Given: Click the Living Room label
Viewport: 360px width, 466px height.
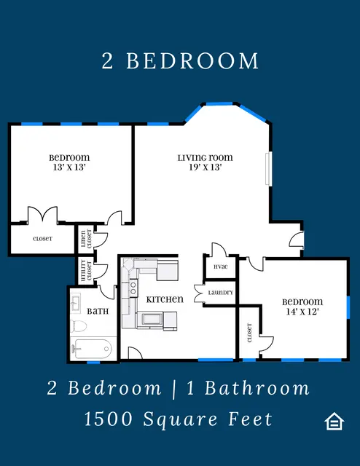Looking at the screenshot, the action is coord(206,157).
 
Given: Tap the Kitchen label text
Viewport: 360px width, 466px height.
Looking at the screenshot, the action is coord(165,299).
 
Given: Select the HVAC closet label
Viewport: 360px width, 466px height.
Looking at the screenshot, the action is coord(221,266).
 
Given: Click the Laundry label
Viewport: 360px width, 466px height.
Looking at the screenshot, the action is coord(221,293).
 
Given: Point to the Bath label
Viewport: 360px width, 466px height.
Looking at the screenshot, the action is coord(98,312).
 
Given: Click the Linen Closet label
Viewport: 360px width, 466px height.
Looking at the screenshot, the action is coord(86,239).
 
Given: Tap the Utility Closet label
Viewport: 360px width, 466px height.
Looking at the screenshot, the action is coord(86,270).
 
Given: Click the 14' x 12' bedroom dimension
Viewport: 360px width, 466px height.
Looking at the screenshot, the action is coord(302,312).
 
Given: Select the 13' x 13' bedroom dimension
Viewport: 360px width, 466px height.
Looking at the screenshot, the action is coord(69,167).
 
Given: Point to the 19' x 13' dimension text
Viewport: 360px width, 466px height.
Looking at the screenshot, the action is coord(206,167).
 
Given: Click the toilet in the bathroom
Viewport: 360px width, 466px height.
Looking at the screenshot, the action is coord(79,326).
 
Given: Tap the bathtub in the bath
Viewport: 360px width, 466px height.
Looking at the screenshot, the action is coord(91,349).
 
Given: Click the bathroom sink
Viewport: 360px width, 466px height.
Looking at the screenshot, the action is coord(76,304).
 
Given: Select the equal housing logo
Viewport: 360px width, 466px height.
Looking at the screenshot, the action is coord(334,421).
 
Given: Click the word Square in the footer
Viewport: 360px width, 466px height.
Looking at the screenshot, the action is coord(181,419).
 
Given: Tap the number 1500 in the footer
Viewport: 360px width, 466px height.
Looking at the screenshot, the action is coord(109,419).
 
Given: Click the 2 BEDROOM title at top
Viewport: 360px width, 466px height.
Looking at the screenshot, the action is coord(180,61).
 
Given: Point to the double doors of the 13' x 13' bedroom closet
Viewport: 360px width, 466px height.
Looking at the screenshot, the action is coord(42,215).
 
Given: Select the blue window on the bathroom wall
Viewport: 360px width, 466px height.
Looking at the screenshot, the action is coord(93,363).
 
